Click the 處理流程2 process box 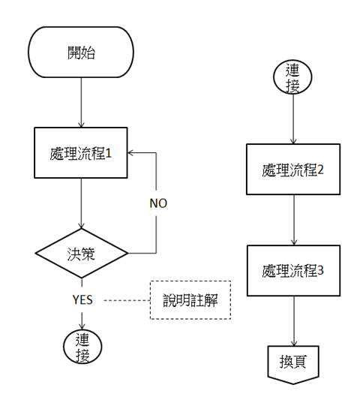tap(293, 170)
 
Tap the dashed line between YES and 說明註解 tap(126, 299)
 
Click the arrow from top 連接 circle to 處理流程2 tap(293, 120)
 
